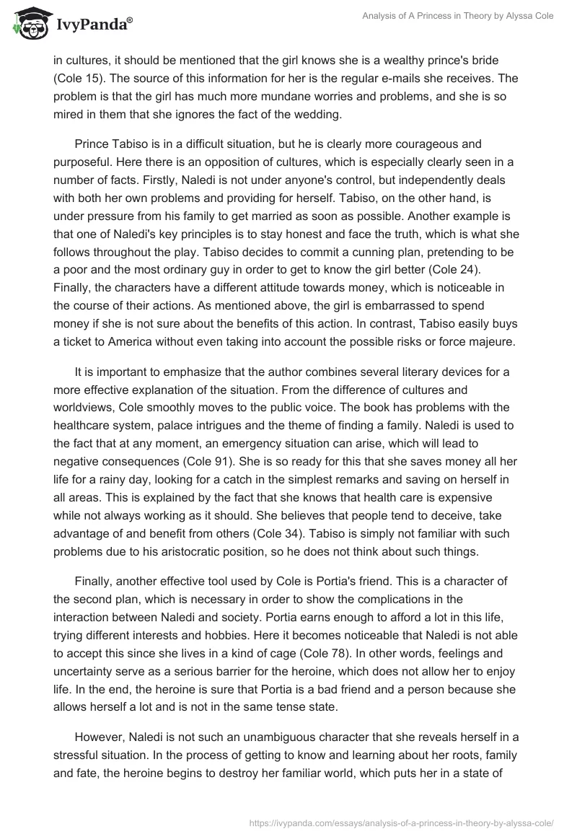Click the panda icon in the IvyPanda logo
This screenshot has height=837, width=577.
[x=28, y=23]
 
